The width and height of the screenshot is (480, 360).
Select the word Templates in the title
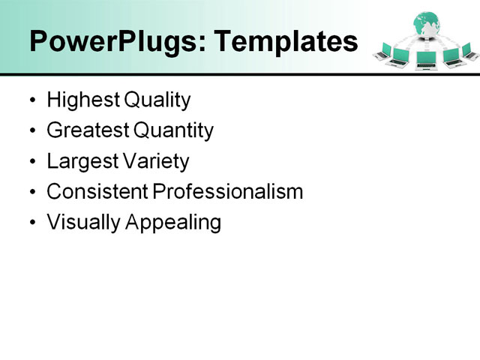pos(286,42)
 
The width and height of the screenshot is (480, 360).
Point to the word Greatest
pos(88,130)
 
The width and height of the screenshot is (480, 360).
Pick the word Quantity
pos(173,130)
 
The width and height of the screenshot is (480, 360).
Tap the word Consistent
pos(97,192)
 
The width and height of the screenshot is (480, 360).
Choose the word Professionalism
pos(228,192)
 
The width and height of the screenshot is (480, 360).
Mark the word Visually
pos(79,223)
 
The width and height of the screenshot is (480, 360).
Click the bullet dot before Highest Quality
pos(31,100)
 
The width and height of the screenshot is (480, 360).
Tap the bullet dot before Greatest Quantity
pos(31,131)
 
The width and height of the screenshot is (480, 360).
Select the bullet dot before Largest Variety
pos(31,162)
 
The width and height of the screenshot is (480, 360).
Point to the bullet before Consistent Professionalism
pos(31,193)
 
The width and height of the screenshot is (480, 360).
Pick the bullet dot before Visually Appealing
pos(31,223)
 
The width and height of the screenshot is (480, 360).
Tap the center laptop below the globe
pos(425,58)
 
